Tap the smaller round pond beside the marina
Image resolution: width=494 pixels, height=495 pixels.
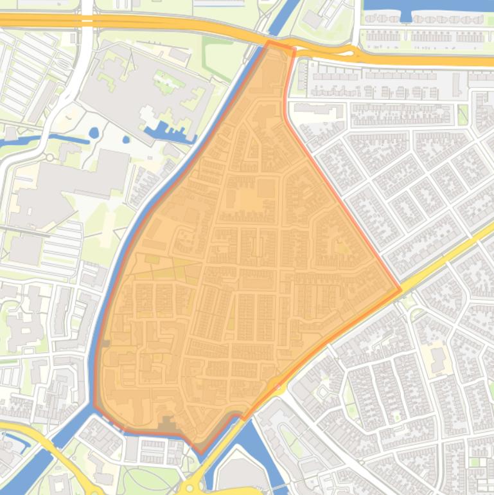[x=125, y=139]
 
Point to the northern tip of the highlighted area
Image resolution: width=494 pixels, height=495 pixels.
[x=269, y=43]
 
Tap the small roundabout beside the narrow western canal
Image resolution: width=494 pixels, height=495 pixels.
[x=49, y=157]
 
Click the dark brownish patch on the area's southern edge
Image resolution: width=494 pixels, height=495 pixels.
[x=168, y=424]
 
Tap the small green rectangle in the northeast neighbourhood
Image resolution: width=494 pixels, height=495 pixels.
[x=463, y=114]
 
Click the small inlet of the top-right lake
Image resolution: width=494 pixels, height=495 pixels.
[x=405, y=17]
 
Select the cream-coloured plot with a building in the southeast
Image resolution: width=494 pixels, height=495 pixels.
[x=438, y=357]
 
